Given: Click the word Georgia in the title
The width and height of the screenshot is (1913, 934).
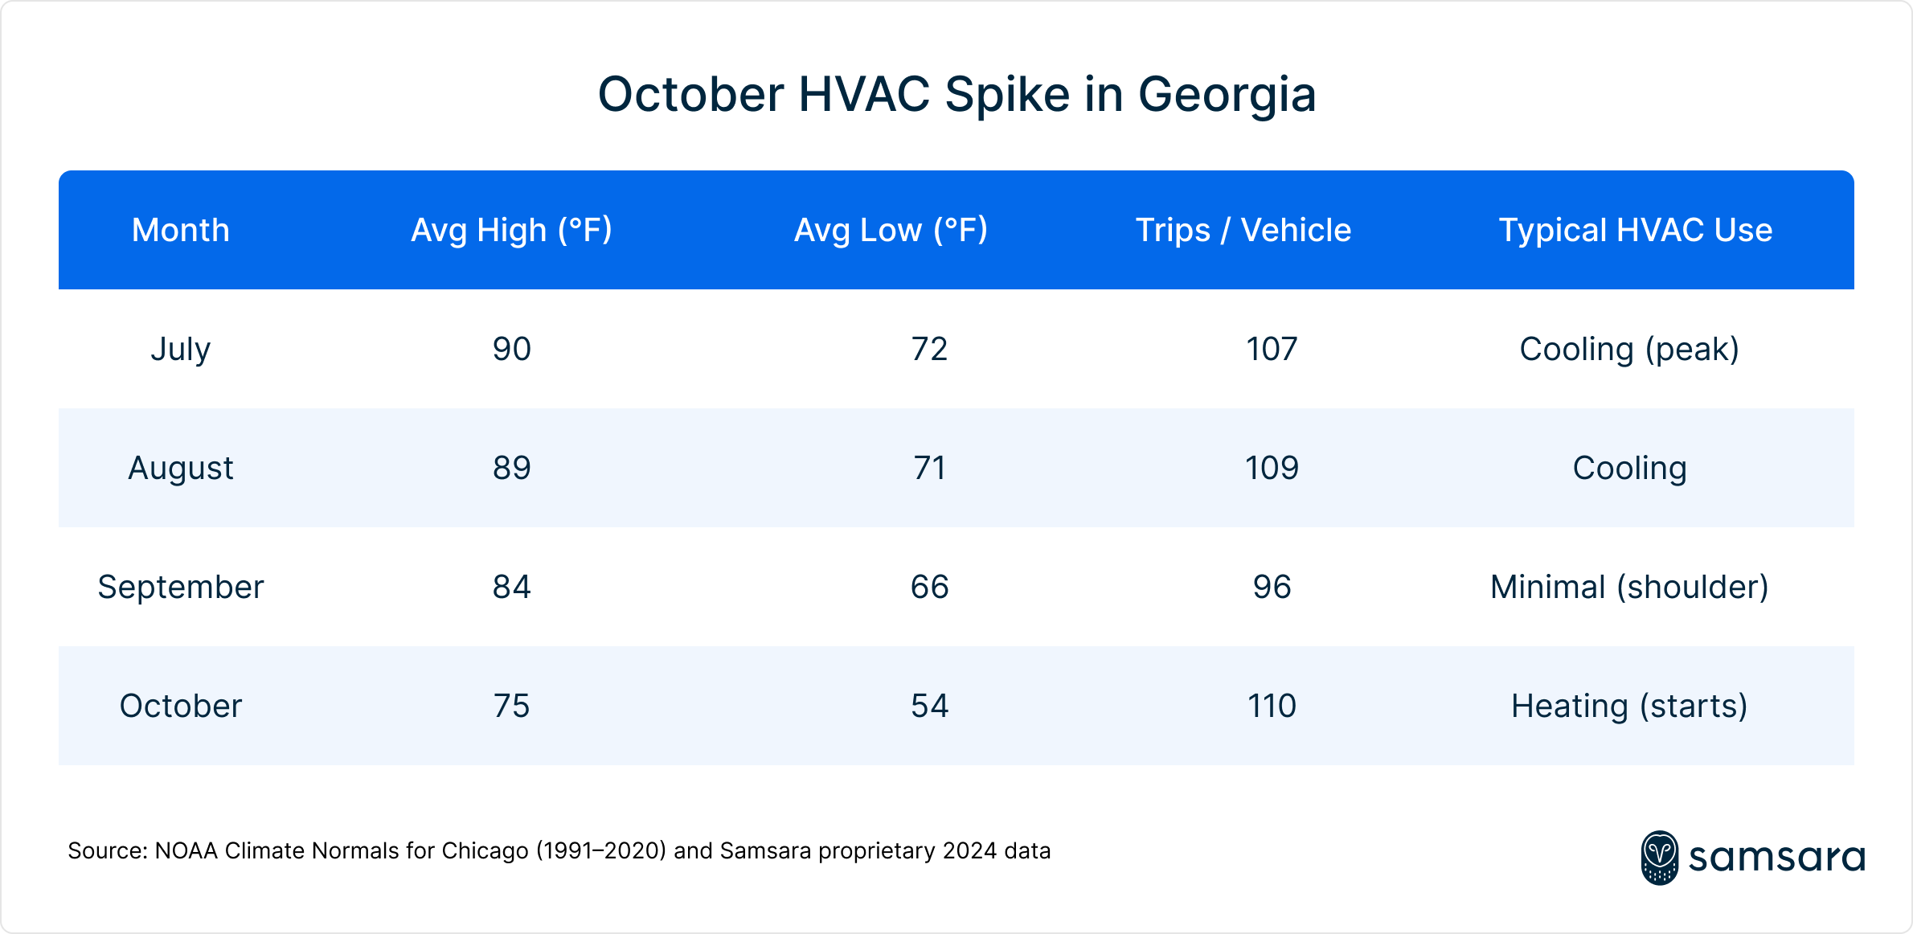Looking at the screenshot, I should click(1227, 95).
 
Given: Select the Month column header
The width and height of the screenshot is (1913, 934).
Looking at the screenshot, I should click(181, 230).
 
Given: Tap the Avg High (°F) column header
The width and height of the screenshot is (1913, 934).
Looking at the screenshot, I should click(512, 230).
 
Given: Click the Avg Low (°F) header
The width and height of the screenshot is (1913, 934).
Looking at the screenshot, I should click(891, 230).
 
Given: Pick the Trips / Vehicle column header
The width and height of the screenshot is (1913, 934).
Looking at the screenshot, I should click(1243, 230).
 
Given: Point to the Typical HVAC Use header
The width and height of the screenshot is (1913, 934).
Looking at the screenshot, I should click(1635, 230).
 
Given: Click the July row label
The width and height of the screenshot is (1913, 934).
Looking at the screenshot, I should click(181, 349).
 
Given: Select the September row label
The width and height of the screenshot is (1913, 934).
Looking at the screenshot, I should click(181, 587).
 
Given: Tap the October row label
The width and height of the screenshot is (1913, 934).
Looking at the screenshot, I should click(181, 706).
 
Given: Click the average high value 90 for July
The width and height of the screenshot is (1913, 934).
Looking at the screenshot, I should click(512, 349).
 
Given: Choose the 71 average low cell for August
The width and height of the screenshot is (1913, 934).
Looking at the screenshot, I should click(930, 468).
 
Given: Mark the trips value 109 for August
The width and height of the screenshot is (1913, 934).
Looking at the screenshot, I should click(1272, 468).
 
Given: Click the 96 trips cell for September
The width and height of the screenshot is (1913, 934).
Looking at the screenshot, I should click(1272, 587).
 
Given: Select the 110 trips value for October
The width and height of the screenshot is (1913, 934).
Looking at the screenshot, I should click(1272, 706).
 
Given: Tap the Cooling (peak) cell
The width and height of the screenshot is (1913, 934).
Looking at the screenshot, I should click(1629, 349).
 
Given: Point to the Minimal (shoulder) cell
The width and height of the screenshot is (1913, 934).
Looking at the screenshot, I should click(1629, 587).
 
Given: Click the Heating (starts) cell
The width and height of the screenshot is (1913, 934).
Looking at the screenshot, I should click(1629, 706).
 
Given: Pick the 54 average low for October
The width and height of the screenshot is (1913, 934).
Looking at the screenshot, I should click(930, 706).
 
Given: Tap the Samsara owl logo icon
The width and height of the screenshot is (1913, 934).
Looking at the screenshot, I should click(1659, 858).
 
